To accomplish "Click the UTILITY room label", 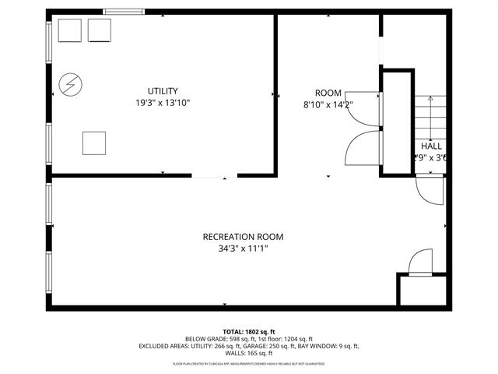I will [163, 91].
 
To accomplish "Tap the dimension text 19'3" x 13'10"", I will [163, 102].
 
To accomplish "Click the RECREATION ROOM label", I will [243, 237].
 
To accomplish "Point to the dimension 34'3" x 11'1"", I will [243, 249].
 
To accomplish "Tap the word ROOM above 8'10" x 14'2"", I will [328, 93].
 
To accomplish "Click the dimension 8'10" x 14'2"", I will [328, 104].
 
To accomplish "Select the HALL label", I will [431, 146].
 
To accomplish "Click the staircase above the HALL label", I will [428, 117].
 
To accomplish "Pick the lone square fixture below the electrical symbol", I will [93, 143].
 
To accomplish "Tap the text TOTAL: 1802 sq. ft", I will [249, 331].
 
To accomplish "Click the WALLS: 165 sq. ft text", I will [249, 353].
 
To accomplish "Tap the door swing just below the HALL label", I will [429, 189].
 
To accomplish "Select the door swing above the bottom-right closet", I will [420, 262].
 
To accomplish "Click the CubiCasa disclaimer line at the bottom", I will [249, 363].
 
